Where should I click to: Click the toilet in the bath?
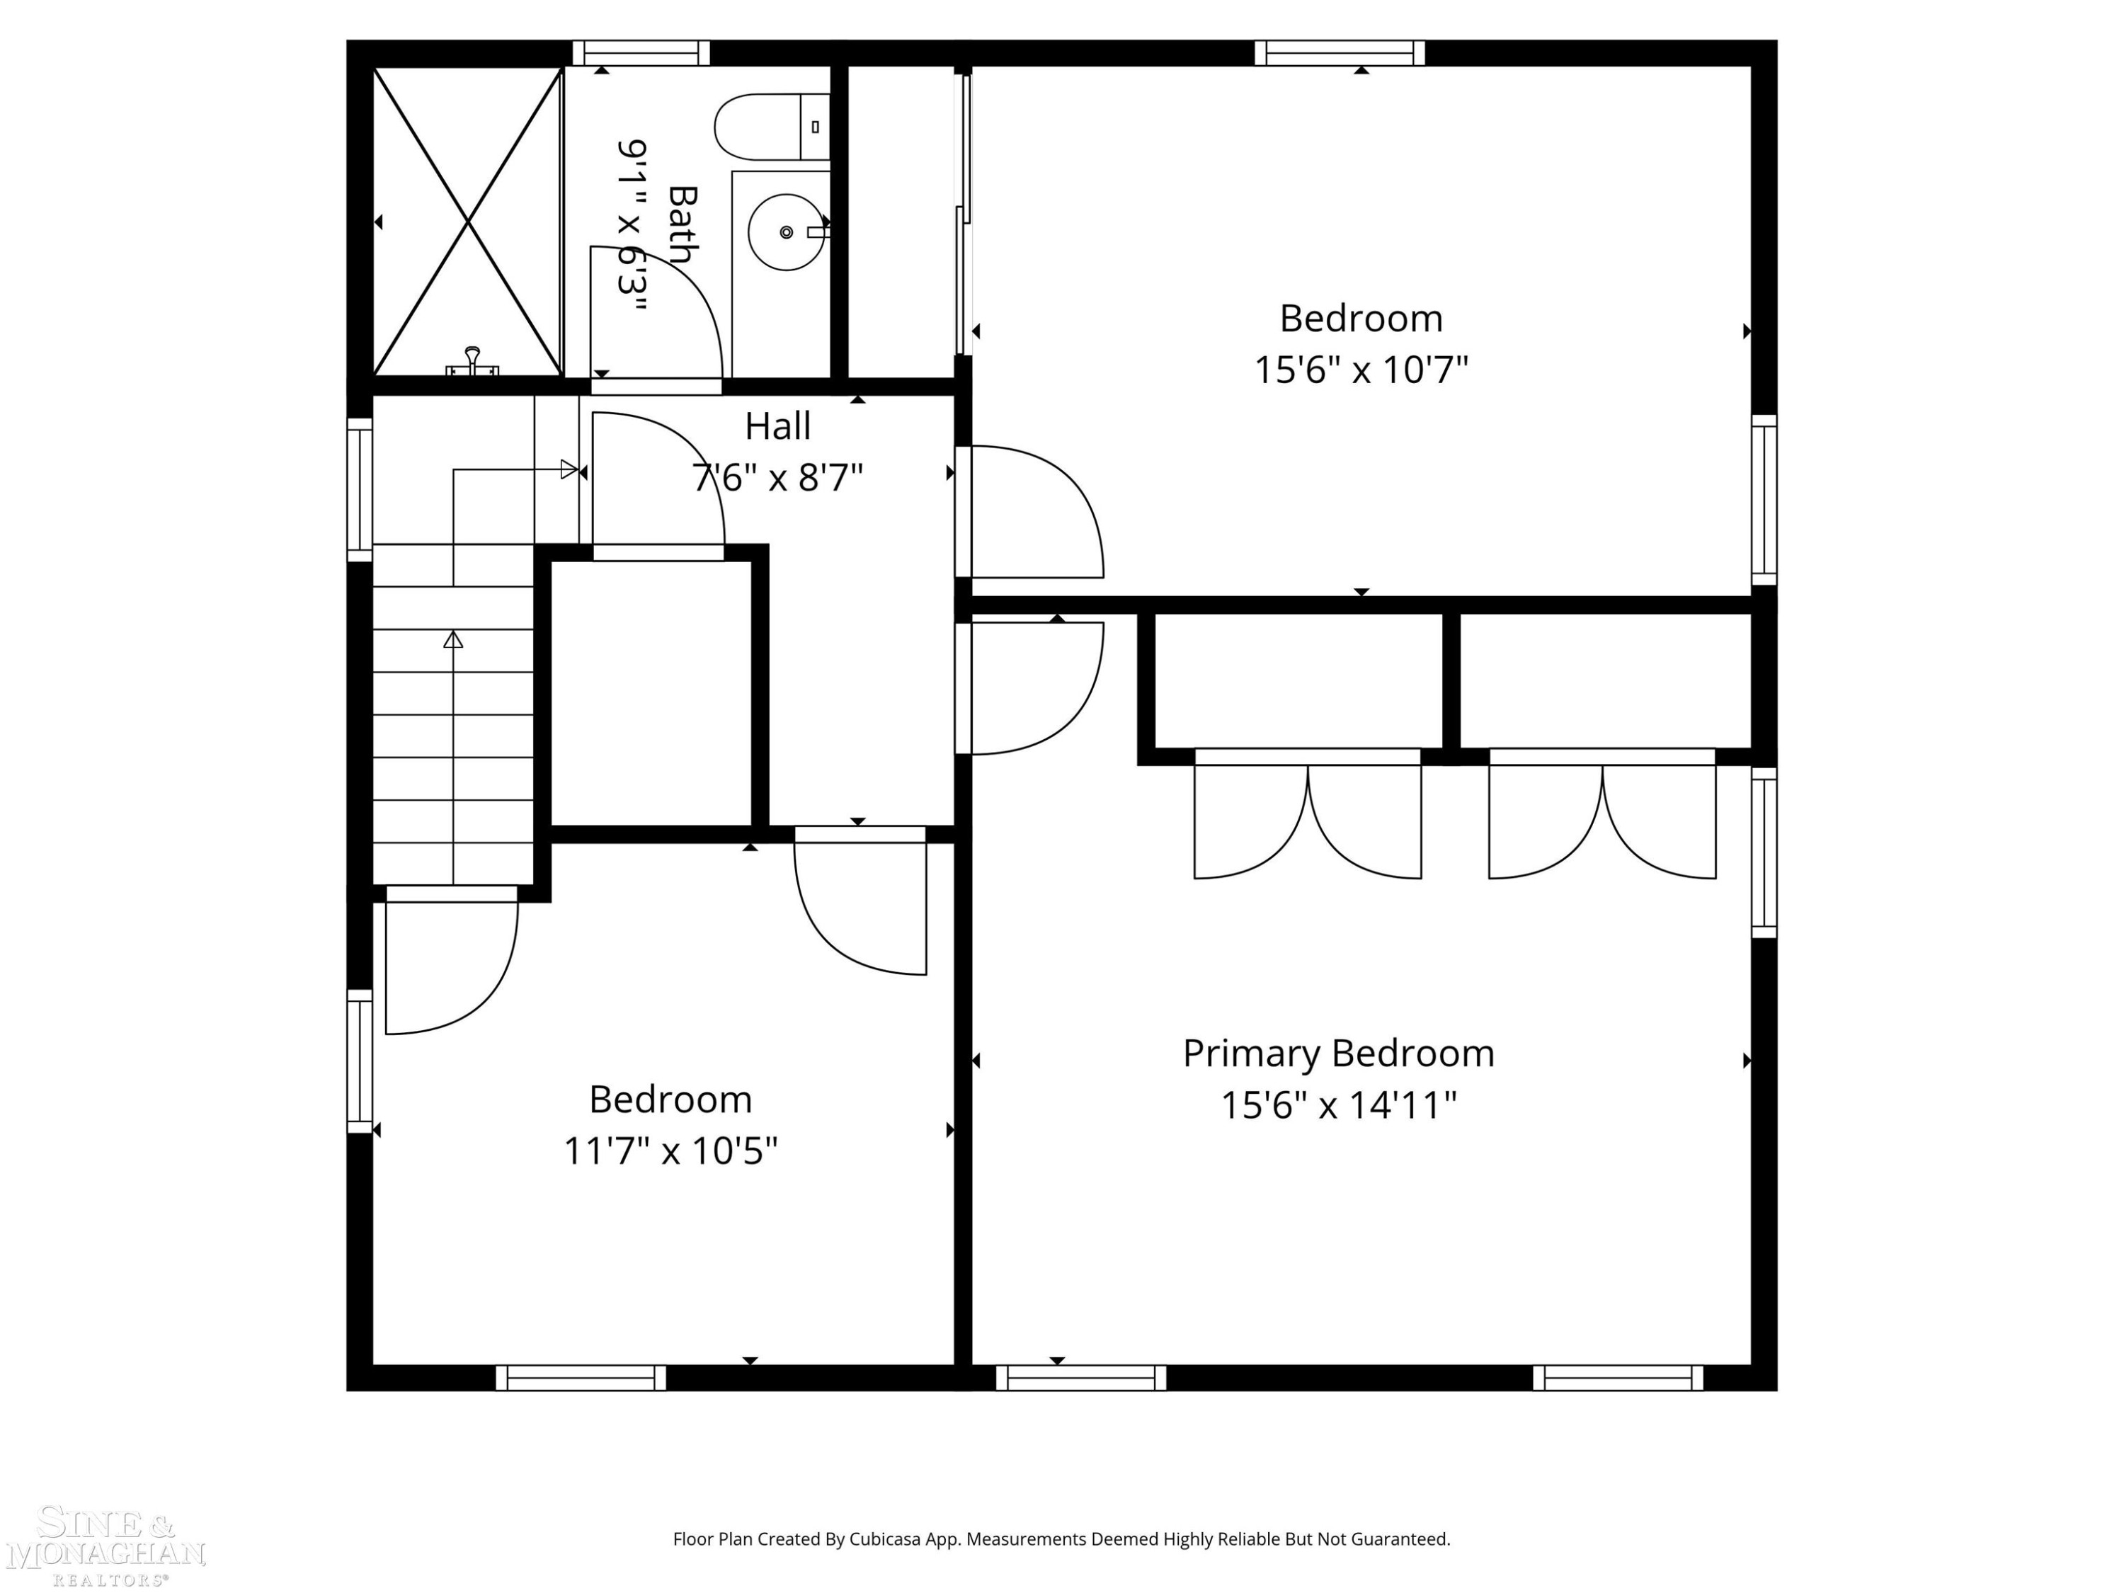pos(772,127)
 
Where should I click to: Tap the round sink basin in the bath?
pos(787,232)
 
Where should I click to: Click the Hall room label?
pos(778,426)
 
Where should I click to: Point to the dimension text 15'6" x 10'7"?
pos(1361,369)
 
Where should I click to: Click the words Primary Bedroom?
pos(1339,1054)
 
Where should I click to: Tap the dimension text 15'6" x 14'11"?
pos(1339,1104)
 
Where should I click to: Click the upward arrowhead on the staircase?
pos(453,639)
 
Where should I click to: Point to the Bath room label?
pos(681,224)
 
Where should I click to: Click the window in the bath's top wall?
pos(641,53)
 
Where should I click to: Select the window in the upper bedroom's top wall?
pos(1340,53)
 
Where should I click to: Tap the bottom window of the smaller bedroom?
pos(581,1378)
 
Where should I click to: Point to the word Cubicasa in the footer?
pos(884,1539)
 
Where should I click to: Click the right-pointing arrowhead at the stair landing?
pos(569,469)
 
